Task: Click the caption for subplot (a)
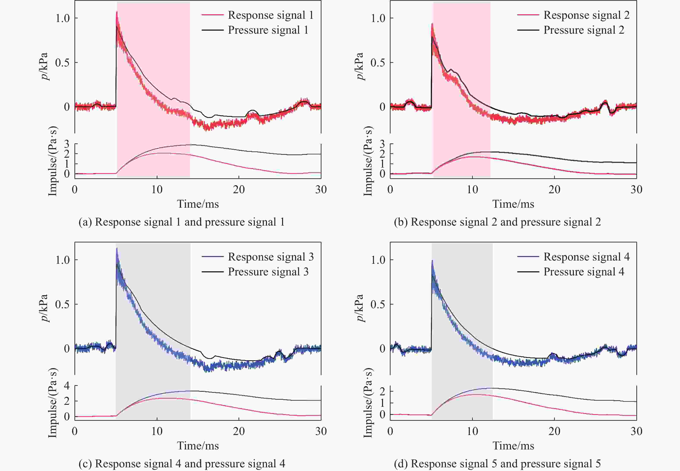click(x=181, y=222)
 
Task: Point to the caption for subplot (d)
click(x=497, y=464)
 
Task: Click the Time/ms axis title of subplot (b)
click(x=513, y=204)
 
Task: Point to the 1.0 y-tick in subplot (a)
click(x=63, y=18)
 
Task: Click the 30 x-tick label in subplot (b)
click(x=636, y=190)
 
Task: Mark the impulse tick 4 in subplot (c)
click(x=67, y=386)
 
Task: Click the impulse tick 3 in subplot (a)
click(x=67, y=144)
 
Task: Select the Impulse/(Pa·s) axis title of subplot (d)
click(x=368, y=403)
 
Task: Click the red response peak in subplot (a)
click(x=117, y=12)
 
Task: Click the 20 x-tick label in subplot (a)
click(x=239, y=190)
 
